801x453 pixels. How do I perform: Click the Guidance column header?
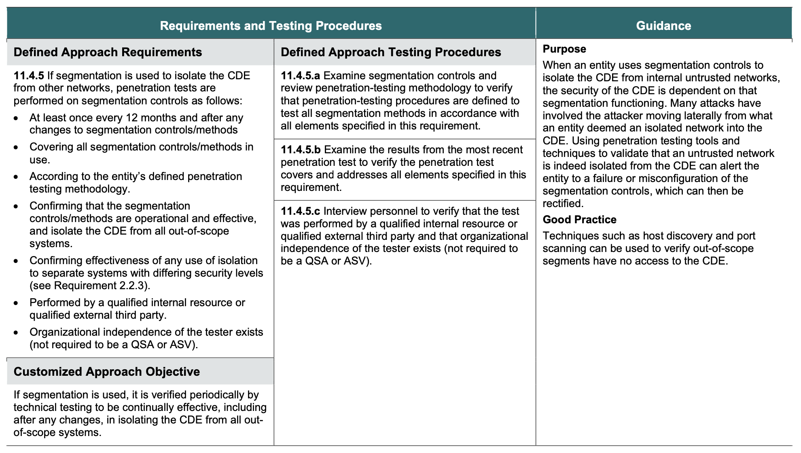coord(663,26)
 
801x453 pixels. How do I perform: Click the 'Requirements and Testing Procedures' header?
coord(271,26)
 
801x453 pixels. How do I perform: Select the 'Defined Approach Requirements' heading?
coord(108,52)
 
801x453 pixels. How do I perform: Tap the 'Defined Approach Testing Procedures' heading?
coord(390,52)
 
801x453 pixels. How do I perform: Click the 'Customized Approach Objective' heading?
coord(107,372)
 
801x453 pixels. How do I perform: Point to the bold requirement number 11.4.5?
coord(29,76)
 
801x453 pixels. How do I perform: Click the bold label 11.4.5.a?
coord(300,76)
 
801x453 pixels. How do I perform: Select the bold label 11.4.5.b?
coord(301,150)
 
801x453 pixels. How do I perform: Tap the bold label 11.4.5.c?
coord(300,211)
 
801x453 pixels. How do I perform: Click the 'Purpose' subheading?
coord(564,49)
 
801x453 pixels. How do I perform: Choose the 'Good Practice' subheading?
coord(579,220)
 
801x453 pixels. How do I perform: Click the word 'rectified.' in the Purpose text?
coord(563,203)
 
